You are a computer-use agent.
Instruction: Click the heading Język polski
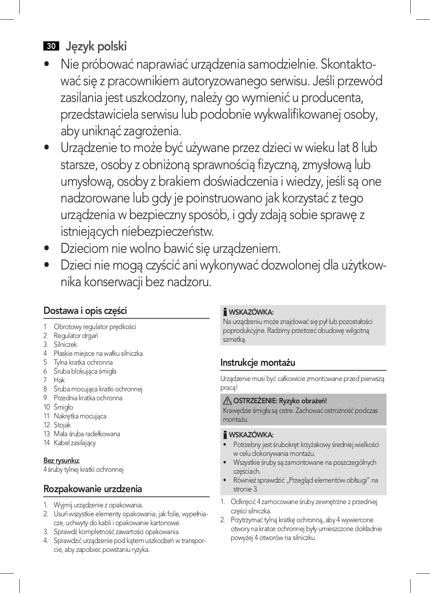[x=96, y=46]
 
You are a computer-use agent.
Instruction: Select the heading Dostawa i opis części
[x=85, y=311]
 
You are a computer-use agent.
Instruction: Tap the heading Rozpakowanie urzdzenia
[x=92, y=489]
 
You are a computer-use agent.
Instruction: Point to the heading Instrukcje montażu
[x=257, y=362]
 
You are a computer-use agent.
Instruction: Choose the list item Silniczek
[x=65, y=345]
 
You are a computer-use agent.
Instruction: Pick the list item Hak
[x=59, y=380]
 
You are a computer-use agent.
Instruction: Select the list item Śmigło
[x=63, y=407]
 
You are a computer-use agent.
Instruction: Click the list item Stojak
[x=62, y=425]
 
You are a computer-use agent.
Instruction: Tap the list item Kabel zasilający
[x=75, y=443]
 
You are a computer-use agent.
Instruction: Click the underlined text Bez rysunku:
[x=62, y=461]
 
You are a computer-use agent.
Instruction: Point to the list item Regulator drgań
[x=76, y=336]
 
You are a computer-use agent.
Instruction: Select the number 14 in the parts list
[x=46, y=443]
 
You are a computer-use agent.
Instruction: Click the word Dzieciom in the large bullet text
[x=84, y=248]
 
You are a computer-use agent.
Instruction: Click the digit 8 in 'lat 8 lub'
[x=355, y=148]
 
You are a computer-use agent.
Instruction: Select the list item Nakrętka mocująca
[x=80, y=416]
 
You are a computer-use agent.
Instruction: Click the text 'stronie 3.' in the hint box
[x=245, y=489]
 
